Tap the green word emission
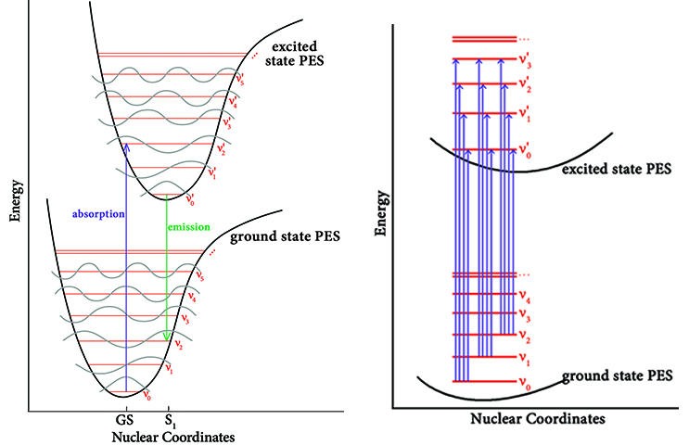coord(188,226)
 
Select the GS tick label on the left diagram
coord(127,419)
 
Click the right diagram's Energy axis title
coord(379,233)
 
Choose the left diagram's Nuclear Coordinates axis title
coord(172,435)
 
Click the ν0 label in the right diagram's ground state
coord(525,383)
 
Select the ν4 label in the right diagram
coord(525,298)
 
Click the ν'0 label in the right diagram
coord(526,151)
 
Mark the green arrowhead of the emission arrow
coord(167,336)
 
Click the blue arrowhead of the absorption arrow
coord(126,145)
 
